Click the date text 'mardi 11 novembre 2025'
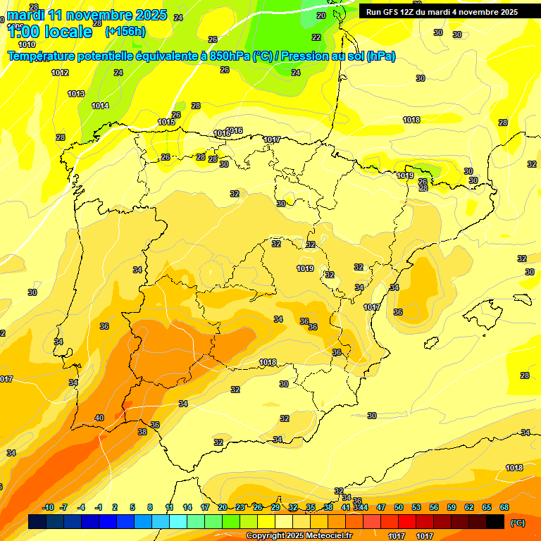tap(87, 15)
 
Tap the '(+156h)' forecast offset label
tap(125, 32)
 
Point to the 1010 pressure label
tap(27, 44)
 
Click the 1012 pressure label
tap(60, 73)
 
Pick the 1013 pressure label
tap(76, 94)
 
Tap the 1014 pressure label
tap(100, 106)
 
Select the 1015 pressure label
tap(166, 122)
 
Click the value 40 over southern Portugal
tap(99, 418)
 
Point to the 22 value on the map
tap(316, 37)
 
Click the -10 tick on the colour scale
tap(49, 507)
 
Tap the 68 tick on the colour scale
tap(504, 507)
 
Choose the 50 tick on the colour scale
tap(399, 507)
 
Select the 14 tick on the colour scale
tap(187, 507)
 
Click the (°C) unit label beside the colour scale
tap(517, 523)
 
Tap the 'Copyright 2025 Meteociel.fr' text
tap(299, 536)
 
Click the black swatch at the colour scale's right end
tap(495, 521)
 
